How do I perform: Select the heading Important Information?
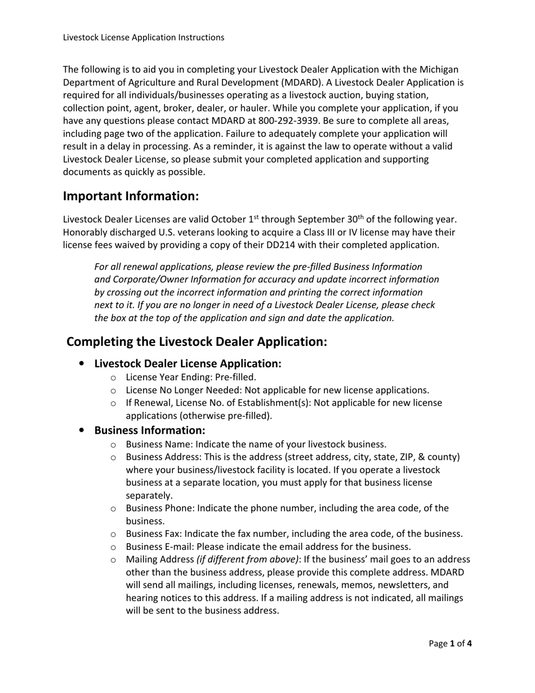tap(131, 196)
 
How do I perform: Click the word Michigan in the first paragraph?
tap(440, 69)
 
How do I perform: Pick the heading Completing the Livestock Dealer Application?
tap(197, 342)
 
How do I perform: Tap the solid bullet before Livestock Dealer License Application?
tap(83, 364)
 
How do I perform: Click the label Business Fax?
tap(153, 534)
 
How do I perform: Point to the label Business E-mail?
tap(159, 547)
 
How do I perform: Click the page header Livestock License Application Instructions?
tap(144, 38)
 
